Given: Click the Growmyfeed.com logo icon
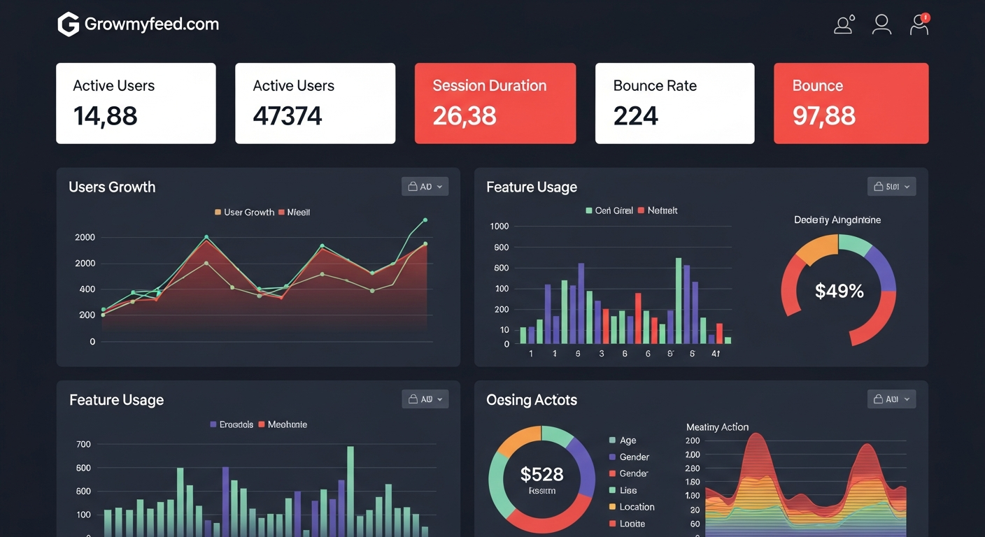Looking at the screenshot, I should click(68, 25).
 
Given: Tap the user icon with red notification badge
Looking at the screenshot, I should click(919, 24).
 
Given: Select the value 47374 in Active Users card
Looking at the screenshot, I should click(288, 115).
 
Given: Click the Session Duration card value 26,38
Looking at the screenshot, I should click(465, 115).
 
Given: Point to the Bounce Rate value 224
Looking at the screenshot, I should click(635, 115).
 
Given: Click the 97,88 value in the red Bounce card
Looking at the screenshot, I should click(823, 115).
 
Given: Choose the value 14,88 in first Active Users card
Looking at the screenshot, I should click(105, 115).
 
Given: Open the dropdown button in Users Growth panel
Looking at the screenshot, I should click(425, 187).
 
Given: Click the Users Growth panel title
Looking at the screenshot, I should click(112, 187).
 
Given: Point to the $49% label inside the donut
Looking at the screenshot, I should click(839, 291).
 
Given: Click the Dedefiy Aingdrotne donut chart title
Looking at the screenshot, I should click(837, 220).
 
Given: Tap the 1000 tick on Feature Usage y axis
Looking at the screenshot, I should click(499, 226).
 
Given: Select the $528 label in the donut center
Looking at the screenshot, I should click(541, 475).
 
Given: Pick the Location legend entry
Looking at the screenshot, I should click(636, 507).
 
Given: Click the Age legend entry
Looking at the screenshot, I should click(628, 441).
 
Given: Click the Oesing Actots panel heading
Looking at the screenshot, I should click(532, 400).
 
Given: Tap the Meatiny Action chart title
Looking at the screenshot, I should click(717, 427).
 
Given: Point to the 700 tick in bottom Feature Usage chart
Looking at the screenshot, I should click(83, 444).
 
